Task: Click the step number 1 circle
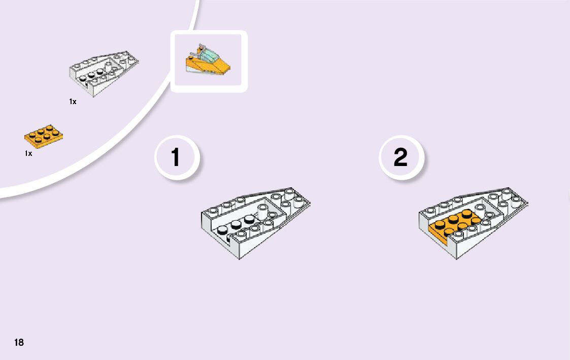coord(176,157)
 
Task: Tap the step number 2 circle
coord(400,157)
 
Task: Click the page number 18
coord(19,342)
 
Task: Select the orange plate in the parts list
coord(43,135)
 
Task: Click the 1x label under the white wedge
coord(73,102)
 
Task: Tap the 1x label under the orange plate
coord(28,153)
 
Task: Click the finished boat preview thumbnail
coord(209,61)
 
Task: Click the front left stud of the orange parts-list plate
coord(32,135)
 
